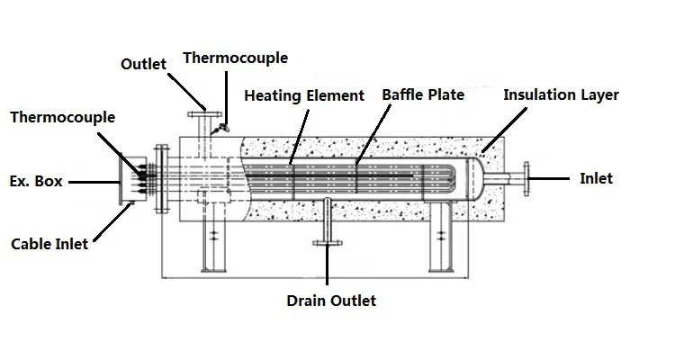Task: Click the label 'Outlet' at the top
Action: click(x=144, y=63)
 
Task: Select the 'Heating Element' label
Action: click(x=304, y=95)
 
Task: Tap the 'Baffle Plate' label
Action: click(x=423, y=94)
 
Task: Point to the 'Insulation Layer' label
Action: click(x=561, y=94)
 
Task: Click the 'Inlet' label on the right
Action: click(x=596, y=178)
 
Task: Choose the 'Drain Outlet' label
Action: click(x=330, y=300)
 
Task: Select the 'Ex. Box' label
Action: click(x=36, y=181)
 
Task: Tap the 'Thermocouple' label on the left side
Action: click(x=62, y=117)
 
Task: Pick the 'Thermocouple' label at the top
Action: click(x=235, y=58)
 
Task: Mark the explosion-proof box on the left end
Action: click(x=129, y=180)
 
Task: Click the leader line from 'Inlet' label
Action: click(x=553, y=178)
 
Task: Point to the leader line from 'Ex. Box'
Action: click(x=94, y=181)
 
